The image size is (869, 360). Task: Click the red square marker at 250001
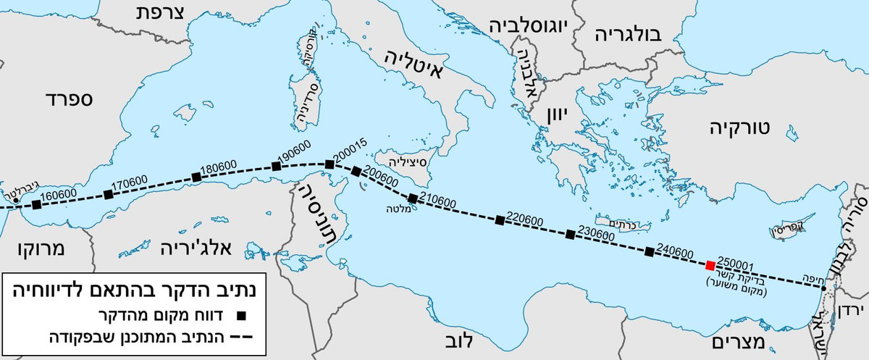(x=710, y=265)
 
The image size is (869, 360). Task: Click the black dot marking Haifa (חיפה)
(x=824, y=289)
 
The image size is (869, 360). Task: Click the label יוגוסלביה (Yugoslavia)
(x=526, y=25)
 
